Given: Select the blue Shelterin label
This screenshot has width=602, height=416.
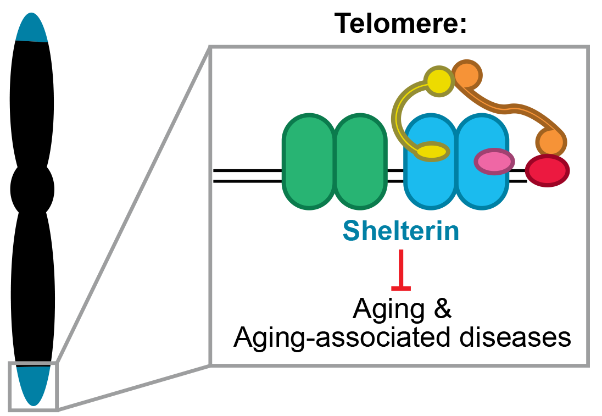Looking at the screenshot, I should click(x=401, y=231).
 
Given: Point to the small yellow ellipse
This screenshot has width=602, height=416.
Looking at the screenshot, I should click(x=433, y=151).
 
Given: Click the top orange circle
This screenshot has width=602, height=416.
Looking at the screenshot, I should click(x=467, y=76).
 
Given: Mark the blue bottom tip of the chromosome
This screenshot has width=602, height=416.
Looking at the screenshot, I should click(x=34, y=385).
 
